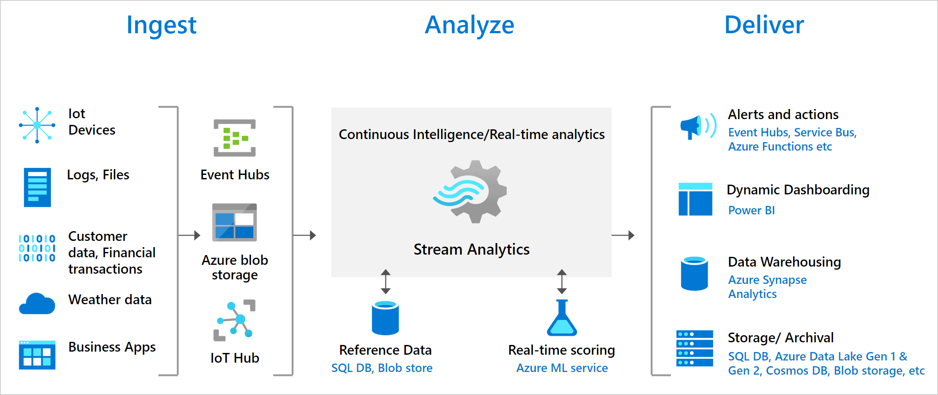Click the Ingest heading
click(161, 25)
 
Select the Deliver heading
click(764, 25)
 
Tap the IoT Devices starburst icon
click(37, 125)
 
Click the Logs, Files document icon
click(37, 187)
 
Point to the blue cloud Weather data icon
click(37, 304)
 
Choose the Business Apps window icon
click(37, 355)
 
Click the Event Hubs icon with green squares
click(234, 138)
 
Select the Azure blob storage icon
click(234, 222)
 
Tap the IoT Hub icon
click(235, 320)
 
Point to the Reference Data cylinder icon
click(385, 318)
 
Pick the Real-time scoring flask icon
click(562, 318)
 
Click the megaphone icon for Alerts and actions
click(698, 126)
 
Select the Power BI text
click(751, 210)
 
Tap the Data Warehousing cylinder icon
click(694, 273)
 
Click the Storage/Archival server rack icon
click(694, 348)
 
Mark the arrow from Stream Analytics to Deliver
click(623, 235)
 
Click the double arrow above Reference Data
click(385, 282)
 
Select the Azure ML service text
click(562, 368)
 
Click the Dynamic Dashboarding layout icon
click(695, 199)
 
